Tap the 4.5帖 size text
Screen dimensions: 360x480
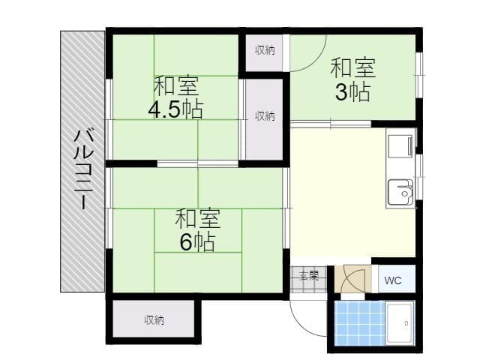click(175, 109)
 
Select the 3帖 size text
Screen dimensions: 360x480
click(352, 93)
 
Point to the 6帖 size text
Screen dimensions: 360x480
click(197, 241)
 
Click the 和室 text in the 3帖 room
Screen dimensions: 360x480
click(352, 67)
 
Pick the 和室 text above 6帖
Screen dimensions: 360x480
click(197, 219)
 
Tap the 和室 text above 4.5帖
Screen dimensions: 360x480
click(176, 85)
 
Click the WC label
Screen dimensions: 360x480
click(393, 280)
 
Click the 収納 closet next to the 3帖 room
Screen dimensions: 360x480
click(264, 51)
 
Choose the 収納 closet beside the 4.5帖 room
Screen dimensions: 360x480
click(264, 116)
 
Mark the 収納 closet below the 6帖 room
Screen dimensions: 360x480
click(154, 320)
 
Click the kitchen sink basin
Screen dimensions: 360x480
click(400, 194)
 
